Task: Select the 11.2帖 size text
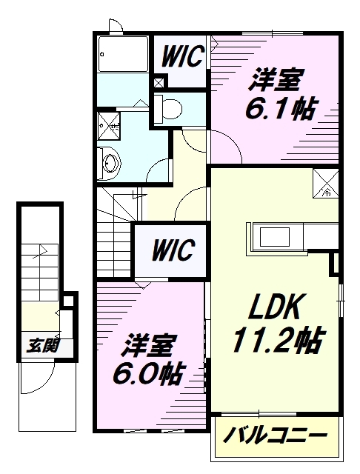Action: [x=277, y=341]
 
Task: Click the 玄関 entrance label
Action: [x=41, y=345]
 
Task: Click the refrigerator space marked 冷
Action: [x=327, y=182]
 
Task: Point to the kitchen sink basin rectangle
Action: [x=276, y=236]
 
